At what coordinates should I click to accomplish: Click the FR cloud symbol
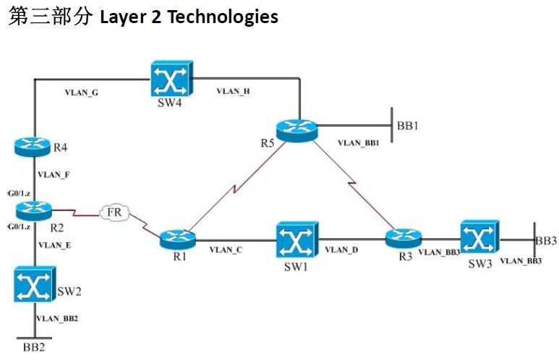(114, 213)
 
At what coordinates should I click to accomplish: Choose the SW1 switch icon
(294, 239)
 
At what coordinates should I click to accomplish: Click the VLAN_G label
(82, 93)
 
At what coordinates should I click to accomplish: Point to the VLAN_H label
(234, 92)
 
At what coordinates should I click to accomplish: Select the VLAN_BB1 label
(359, 143)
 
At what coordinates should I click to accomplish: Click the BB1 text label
(408, 125)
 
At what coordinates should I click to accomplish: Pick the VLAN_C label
(226, 250)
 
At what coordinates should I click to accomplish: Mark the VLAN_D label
(341, 250)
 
